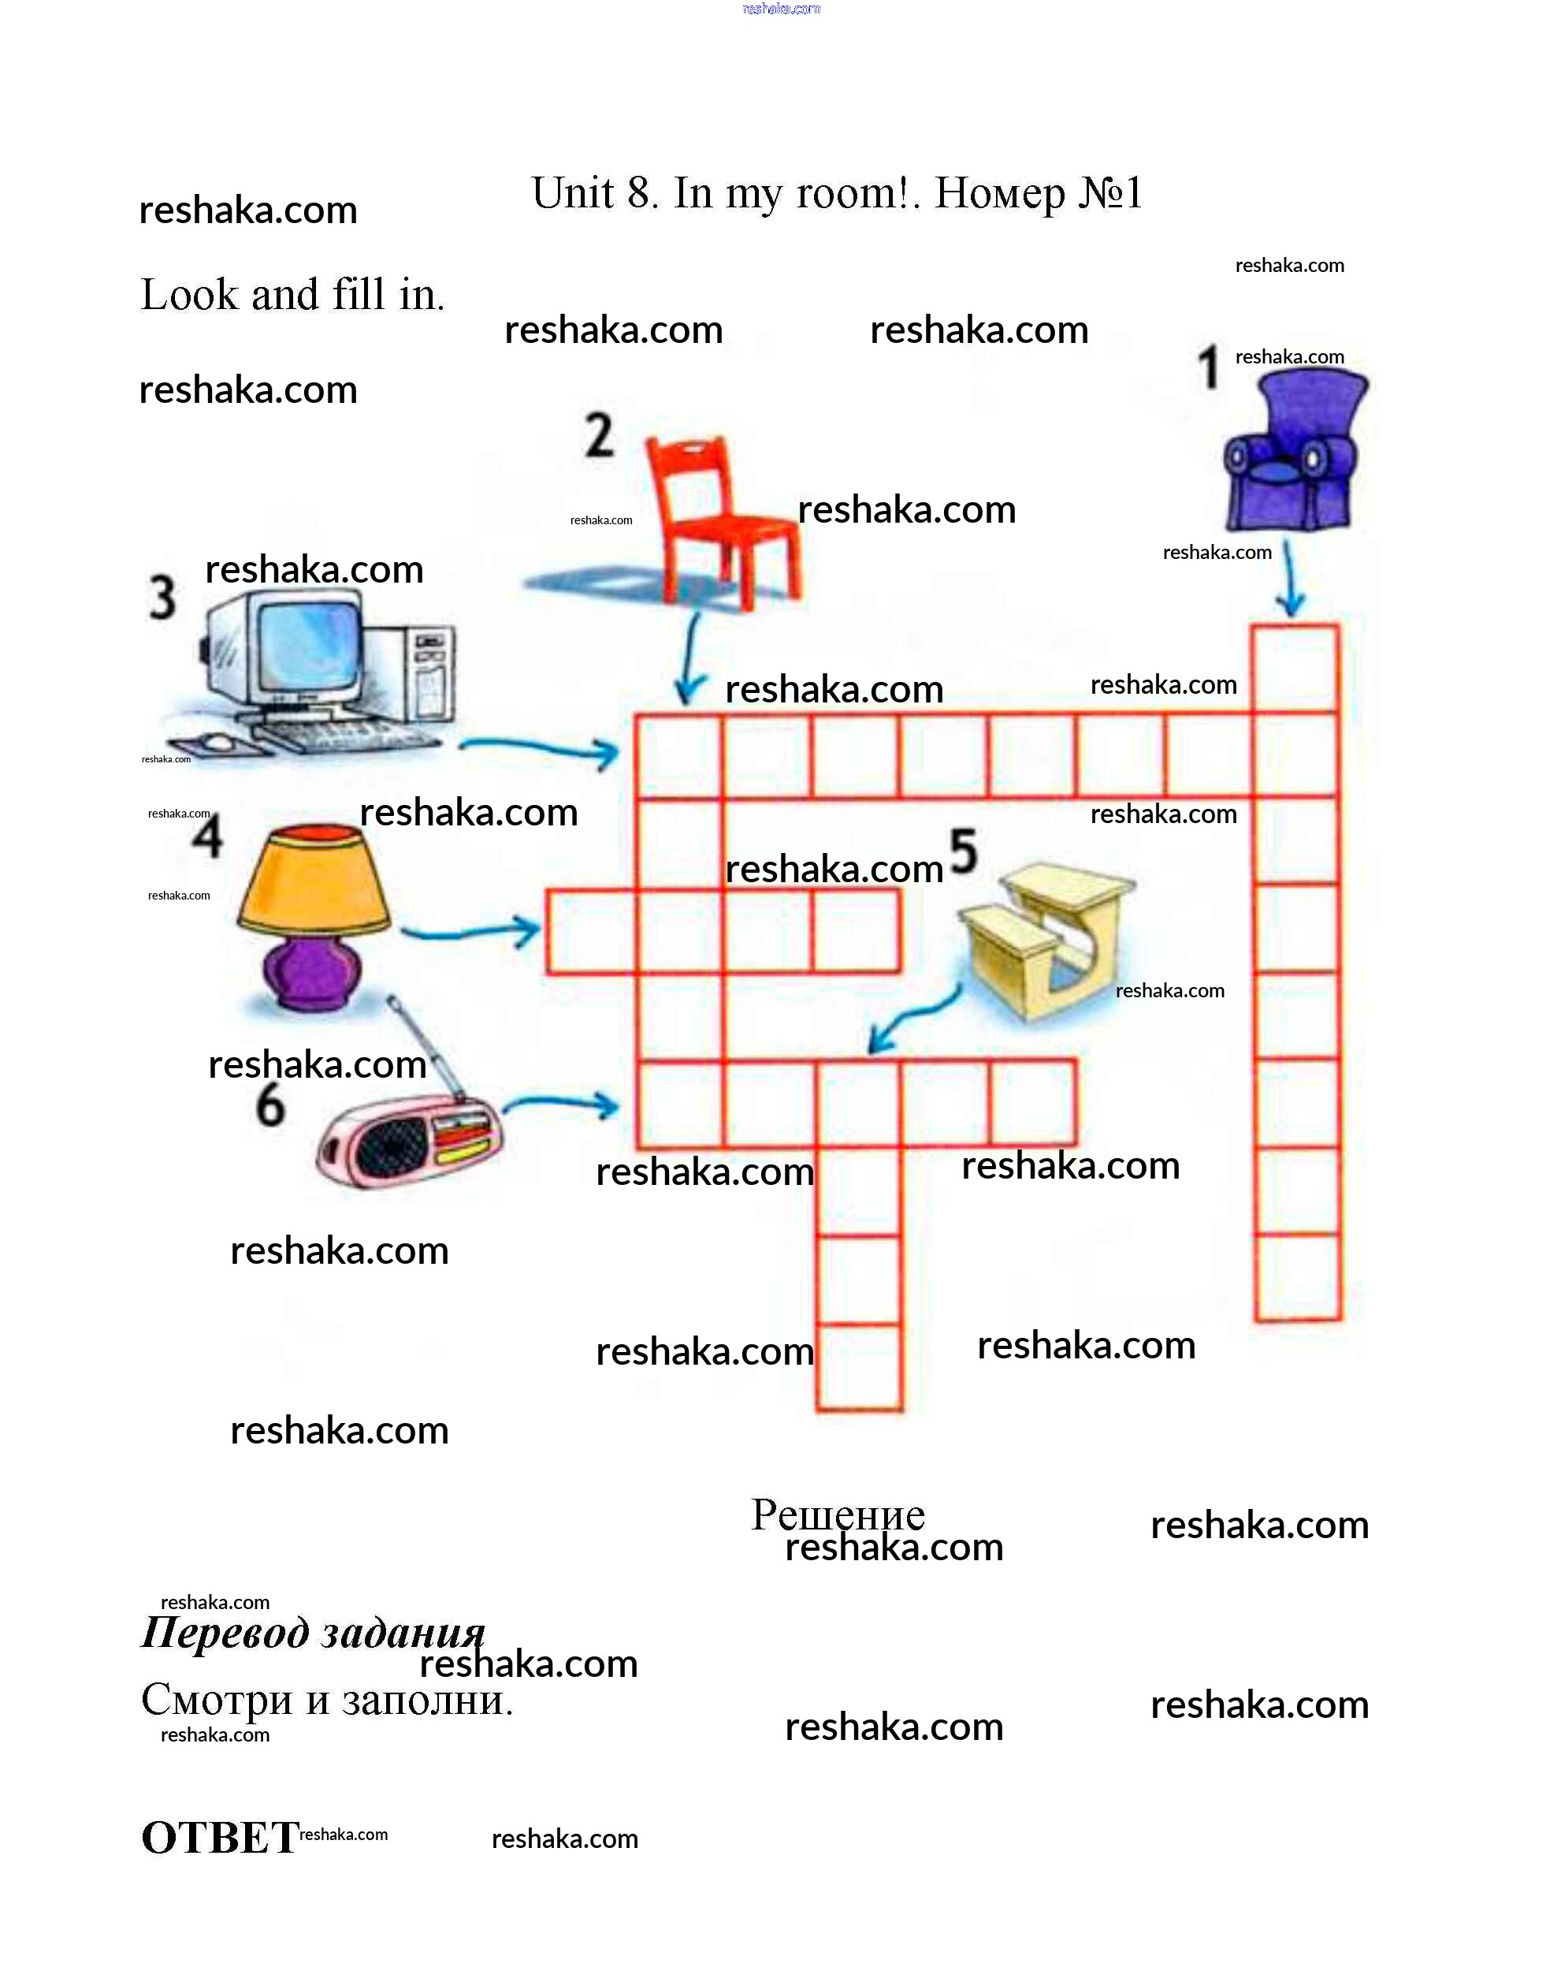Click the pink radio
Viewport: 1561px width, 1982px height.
pos(407,1142)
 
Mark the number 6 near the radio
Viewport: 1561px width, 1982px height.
pos(269,1105)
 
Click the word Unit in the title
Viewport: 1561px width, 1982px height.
pos(572,193)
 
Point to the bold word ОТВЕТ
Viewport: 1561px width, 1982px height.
pos(219,1838)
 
